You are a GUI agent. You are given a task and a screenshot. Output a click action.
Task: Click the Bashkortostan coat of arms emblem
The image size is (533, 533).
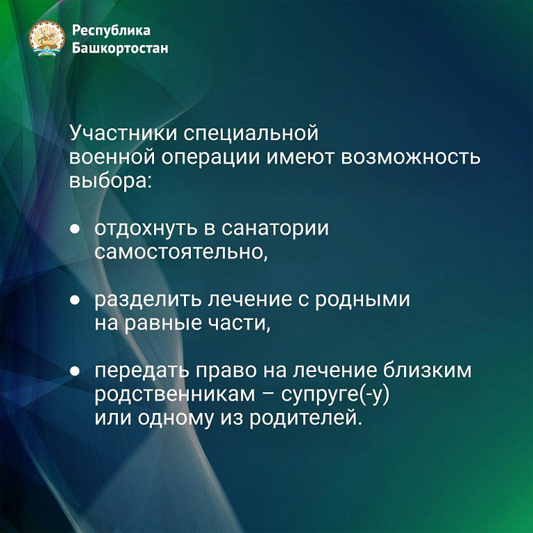pos(46,39)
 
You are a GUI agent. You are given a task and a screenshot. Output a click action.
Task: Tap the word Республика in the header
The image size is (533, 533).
pos(111,31)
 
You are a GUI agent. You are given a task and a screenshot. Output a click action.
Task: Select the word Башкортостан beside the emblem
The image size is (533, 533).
pos(120,48)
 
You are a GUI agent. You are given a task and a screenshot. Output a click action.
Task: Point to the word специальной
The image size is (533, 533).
pos(251,133)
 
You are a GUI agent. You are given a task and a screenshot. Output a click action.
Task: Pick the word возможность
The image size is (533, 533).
pos(411,158)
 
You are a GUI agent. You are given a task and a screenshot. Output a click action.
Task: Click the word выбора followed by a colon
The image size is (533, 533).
pos(110,180)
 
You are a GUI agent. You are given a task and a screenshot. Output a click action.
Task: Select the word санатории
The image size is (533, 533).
pos(275,228)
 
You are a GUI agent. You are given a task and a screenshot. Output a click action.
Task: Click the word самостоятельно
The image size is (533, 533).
pos(181,252)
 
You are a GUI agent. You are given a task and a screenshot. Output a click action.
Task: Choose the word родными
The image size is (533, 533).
pos(362,301)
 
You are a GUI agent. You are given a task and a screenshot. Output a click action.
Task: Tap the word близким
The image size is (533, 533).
pos(428,370)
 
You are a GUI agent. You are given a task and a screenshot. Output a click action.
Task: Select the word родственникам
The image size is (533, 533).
pos(175,395)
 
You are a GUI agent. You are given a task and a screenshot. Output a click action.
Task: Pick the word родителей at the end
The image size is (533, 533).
pos(304,418)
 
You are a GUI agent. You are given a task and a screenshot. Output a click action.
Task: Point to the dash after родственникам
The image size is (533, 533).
pos(269,396)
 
